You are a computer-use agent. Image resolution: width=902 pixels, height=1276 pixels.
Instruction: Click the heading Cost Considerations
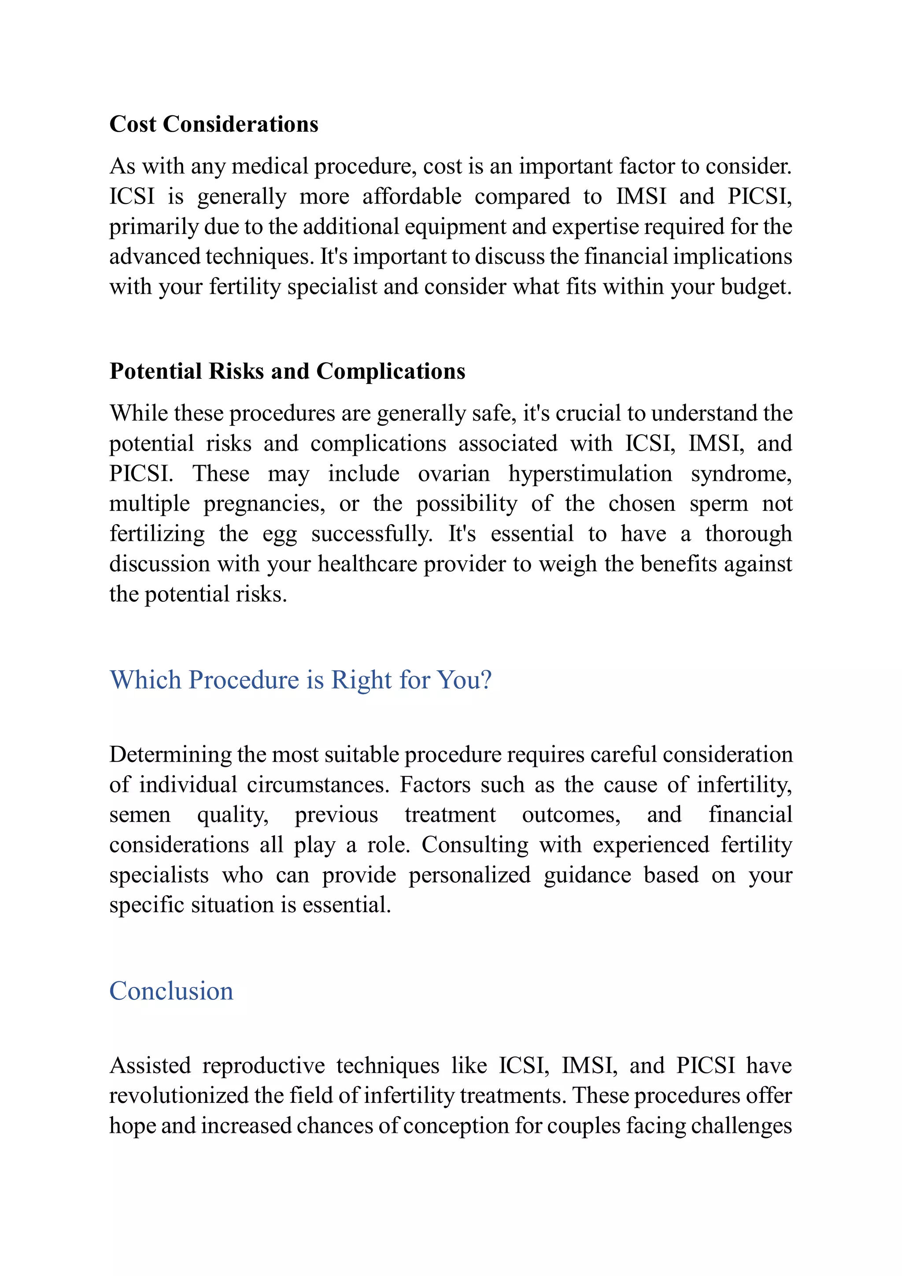(x=214, y=124)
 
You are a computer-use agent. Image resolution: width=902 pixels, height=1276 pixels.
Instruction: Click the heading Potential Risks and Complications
(x=287, y=371)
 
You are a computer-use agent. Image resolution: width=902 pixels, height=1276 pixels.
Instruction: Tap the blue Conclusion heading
(x=171, y=991)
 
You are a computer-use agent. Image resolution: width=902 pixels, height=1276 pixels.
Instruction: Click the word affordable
(x=412, y=197)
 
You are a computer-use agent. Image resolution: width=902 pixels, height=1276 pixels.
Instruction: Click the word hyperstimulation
(x=590, y=473)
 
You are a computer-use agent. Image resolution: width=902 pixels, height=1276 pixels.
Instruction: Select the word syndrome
(x=741, y=473)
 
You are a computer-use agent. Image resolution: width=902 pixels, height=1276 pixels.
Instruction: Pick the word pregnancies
(x=264, y=503)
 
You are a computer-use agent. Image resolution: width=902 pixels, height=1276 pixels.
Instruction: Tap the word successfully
(x=371, y=533)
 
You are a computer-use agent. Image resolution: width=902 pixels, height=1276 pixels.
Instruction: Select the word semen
(x=140, y=815)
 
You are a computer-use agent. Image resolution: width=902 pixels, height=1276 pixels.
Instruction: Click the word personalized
(x=469, y=875)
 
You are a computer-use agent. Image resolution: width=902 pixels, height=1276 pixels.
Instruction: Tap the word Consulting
(x=475, y=845)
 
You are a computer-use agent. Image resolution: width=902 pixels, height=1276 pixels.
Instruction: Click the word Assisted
(x=150, y=1065)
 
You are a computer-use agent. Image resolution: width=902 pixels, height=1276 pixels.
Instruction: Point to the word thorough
(x=748, y=533)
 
